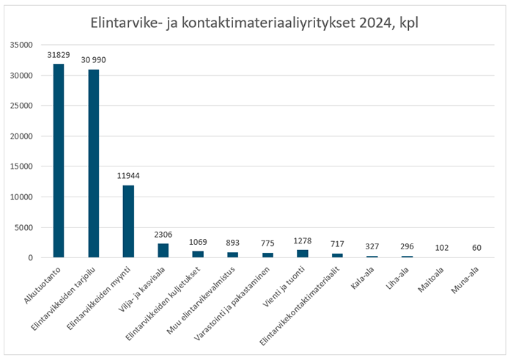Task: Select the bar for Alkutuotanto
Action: point(58,161)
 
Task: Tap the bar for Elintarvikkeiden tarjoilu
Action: point(93,164)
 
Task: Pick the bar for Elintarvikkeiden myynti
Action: point(128,221)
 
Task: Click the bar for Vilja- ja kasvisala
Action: point(163,251)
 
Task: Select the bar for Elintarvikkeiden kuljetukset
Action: point(199,254)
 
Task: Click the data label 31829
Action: point(58,55)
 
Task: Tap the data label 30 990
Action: point(93,60)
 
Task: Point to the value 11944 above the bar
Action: point(128,176)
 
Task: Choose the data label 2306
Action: point(163,235)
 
